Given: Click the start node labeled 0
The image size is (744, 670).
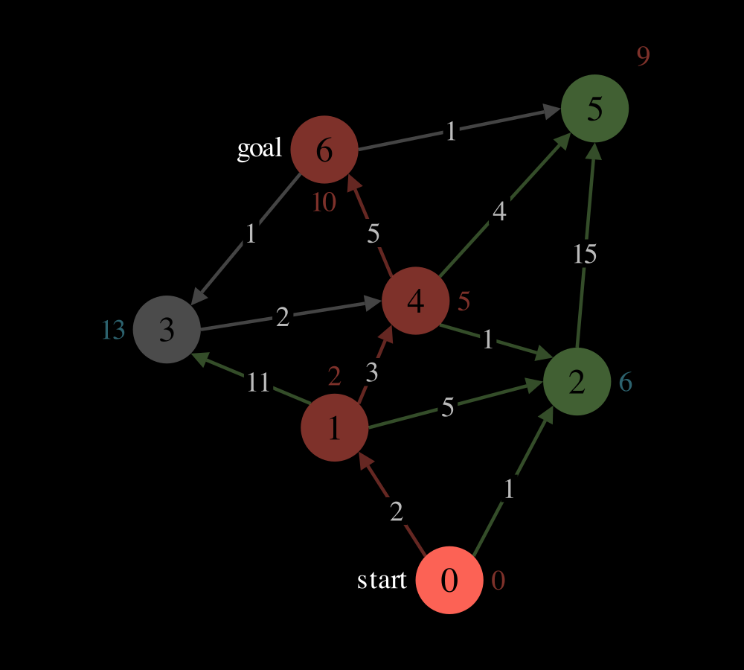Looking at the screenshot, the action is (x=449, y=580).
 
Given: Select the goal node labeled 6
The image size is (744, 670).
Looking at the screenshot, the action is (x=324, y=149).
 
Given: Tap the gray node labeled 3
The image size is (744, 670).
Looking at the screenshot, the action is (x=167, y=329).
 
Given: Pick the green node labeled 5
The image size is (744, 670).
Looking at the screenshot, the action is (x=594, y=108).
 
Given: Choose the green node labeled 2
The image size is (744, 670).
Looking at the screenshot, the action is (x=577, y=381).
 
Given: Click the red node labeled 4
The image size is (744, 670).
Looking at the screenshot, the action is (x=416, y=301).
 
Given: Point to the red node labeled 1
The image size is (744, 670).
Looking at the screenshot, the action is (x=335, y=427).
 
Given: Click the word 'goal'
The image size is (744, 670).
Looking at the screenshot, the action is (x=260, y=149).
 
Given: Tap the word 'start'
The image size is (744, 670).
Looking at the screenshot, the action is (x=382, y=580).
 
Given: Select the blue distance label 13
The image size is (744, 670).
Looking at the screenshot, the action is (x=113, y=330).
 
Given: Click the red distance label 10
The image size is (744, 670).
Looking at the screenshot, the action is (x=324, y=202).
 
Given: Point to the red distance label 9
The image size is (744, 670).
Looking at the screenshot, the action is (x=643, y=56).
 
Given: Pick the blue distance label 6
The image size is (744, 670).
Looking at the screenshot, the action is (x=626, y=382).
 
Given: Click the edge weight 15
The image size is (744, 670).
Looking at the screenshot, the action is (x=585, y=254).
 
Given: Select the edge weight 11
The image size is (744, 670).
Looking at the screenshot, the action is (x=259, y=382).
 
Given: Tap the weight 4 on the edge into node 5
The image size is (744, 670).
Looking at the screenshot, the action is (x=499, y=211).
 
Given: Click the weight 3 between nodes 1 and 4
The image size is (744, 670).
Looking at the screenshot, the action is (x=372, y=373).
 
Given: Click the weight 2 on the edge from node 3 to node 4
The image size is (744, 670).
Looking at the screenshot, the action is (x=282, y=316).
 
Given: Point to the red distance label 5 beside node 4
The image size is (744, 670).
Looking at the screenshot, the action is (x=464, y=301).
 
